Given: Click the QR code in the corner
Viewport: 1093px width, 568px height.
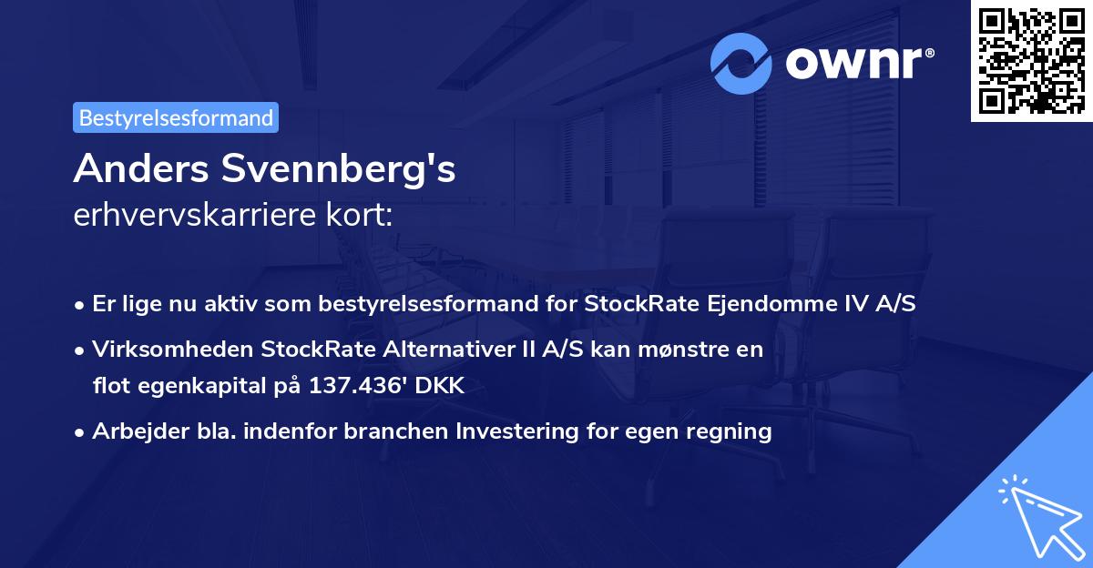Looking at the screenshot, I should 1031,61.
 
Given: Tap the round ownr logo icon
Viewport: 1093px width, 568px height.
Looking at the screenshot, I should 741,63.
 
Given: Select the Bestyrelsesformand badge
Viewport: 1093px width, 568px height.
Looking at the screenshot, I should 176,117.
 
